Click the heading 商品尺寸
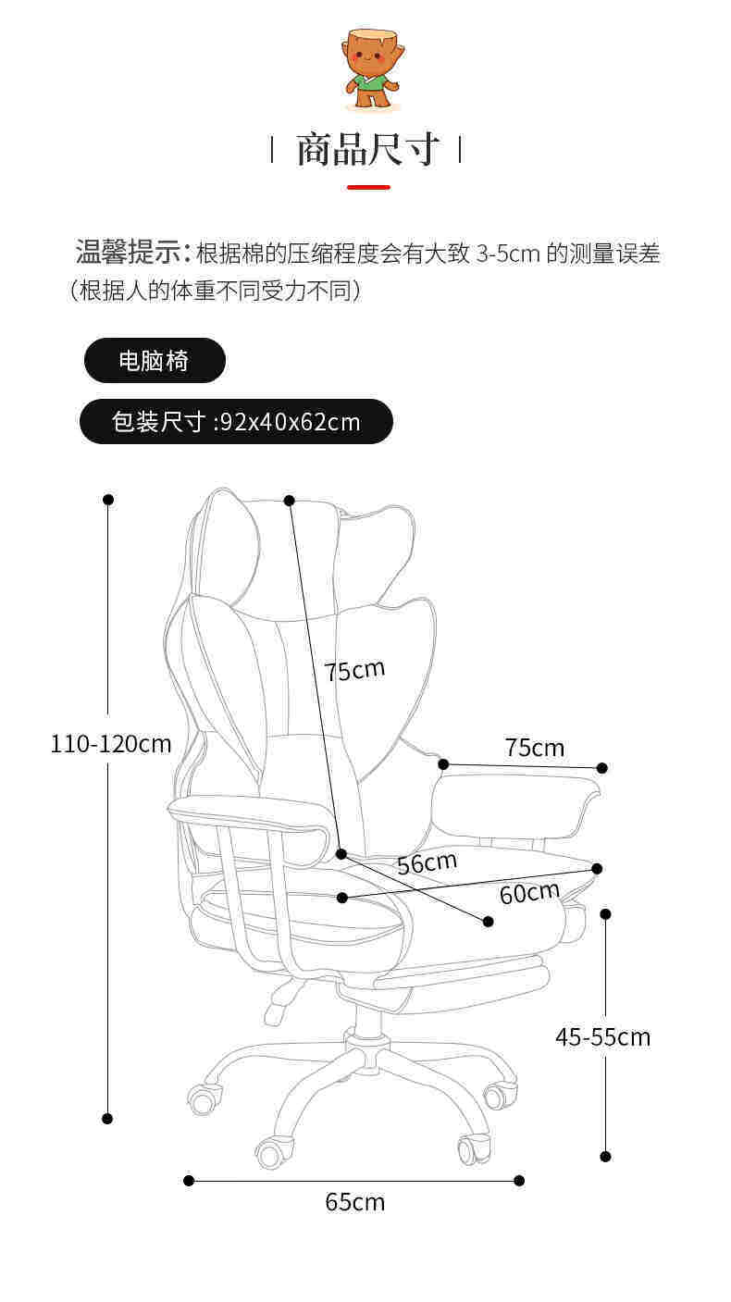366,149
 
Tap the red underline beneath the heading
368,188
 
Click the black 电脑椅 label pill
155,360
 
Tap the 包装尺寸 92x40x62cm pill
236,422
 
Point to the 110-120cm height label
111,744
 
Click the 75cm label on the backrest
354,670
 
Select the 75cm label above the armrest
535,748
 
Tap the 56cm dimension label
427,862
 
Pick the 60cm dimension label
529,892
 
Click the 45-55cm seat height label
602,1036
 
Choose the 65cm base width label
354,1202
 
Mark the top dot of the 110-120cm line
108,500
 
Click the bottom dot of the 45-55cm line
605,1156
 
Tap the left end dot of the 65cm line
189,1180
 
